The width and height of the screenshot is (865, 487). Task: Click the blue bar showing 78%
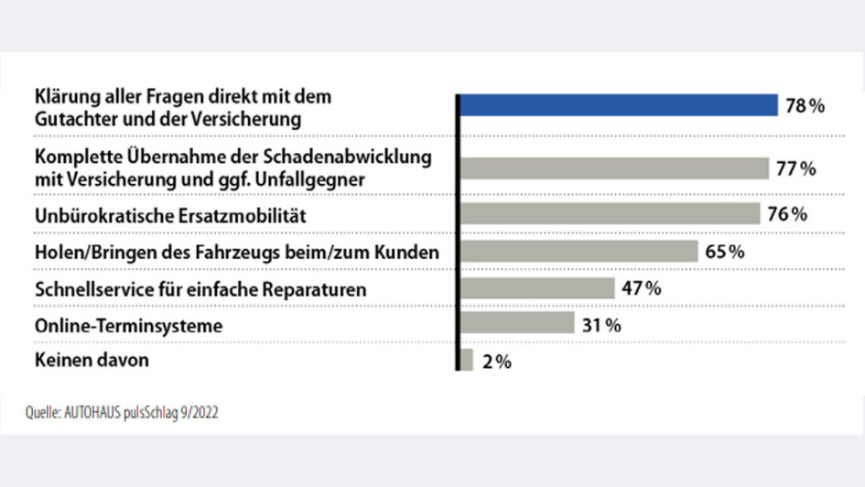pyautogui.click(x=618, y=105)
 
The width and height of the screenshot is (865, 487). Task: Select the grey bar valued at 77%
pyautogui.click(x=613, y=168)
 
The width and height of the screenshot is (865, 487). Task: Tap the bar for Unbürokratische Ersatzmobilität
pyautogui.click(x=609, y=213)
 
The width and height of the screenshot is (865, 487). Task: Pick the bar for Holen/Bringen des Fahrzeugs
pyautogui.click(x=578, y=251)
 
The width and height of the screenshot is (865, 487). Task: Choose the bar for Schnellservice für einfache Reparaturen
pyautogui.click(x=536, y=288)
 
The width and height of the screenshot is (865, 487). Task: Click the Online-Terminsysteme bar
pyautogui.click(x=516, y=324)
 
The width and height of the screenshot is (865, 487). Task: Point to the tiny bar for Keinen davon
pyautogui.click(x=466, y=360)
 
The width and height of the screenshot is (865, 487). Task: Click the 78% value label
pyautogui.click(x=805, y=106)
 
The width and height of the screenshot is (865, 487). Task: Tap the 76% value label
pyautogui.click(x=787, y=214)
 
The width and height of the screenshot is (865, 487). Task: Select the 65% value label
pyautogui.click(x=724, y=252)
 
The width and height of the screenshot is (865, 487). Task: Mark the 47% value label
pyautogui.click(x=641, y=288)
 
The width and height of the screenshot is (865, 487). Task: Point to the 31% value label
pyautogui.click(x=601, y=325)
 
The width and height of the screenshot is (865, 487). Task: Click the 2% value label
pyautogui.click(x=496, y=362)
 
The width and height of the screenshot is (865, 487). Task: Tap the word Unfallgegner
pyautogui.click(x=317, y=179)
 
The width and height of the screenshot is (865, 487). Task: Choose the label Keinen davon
pyautogui.click(x=91, y=360)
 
